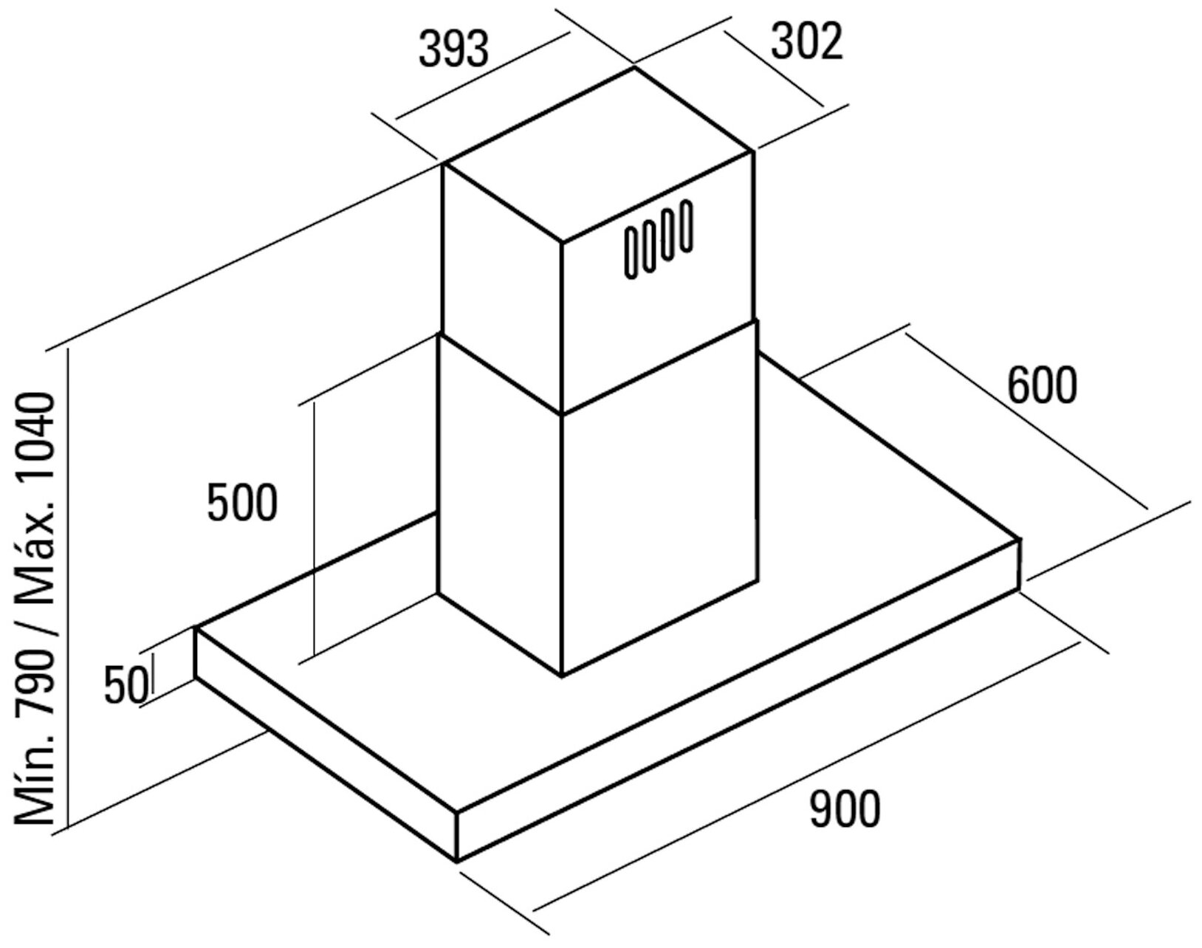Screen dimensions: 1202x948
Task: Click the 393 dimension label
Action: (453, 49)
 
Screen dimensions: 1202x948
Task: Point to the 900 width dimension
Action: (845, 808)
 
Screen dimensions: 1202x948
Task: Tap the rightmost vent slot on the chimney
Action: (687, 226)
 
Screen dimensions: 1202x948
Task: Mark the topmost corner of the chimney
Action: (634, 68)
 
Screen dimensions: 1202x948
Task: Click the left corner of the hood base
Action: (196, 628)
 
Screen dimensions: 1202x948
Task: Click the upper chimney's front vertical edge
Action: (561, 325)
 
